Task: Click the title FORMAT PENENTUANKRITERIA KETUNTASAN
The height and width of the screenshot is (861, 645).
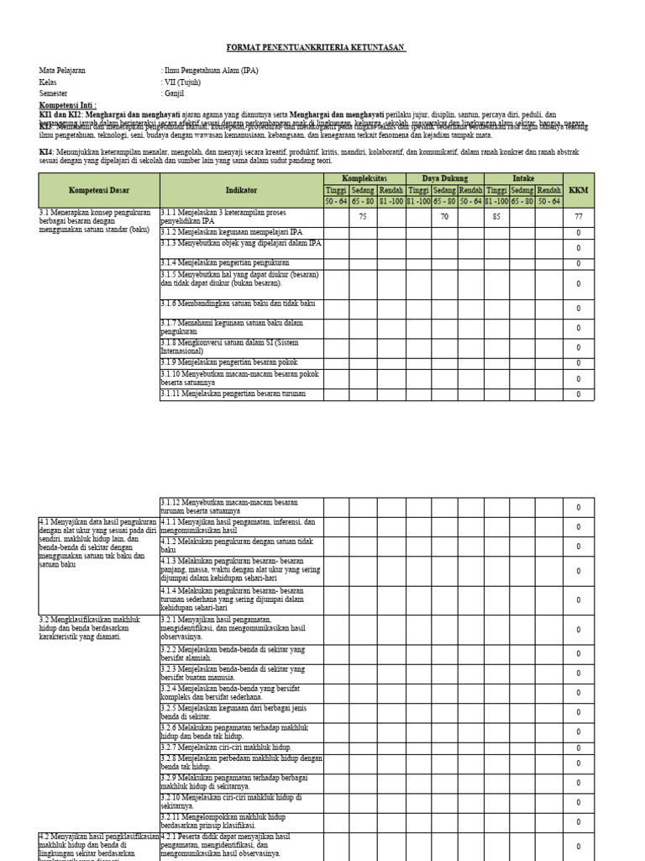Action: pos(317,49)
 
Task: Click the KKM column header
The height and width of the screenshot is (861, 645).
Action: pos(578,190)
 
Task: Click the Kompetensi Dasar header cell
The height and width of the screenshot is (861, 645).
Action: pos(99,190)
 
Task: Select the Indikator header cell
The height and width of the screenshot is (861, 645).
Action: pos(241,190)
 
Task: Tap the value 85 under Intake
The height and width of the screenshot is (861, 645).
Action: pos(496,216)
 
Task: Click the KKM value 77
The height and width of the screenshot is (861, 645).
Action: pos(578,216)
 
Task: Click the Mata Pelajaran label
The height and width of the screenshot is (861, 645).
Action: pos(62,71)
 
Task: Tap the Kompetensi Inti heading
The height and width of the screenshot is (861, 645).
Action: pos(68,106)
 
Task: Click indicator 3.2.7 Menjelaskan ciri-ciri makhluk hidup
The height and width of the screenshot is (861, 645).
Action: pos(227,747)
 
